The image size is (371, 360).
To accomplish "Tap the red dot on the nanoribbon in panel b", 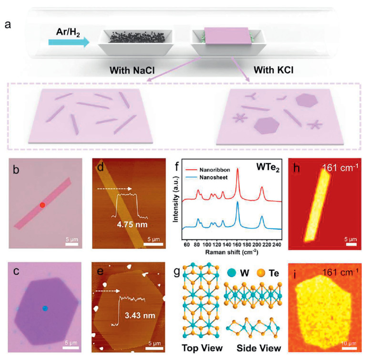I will coord(42,205).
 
